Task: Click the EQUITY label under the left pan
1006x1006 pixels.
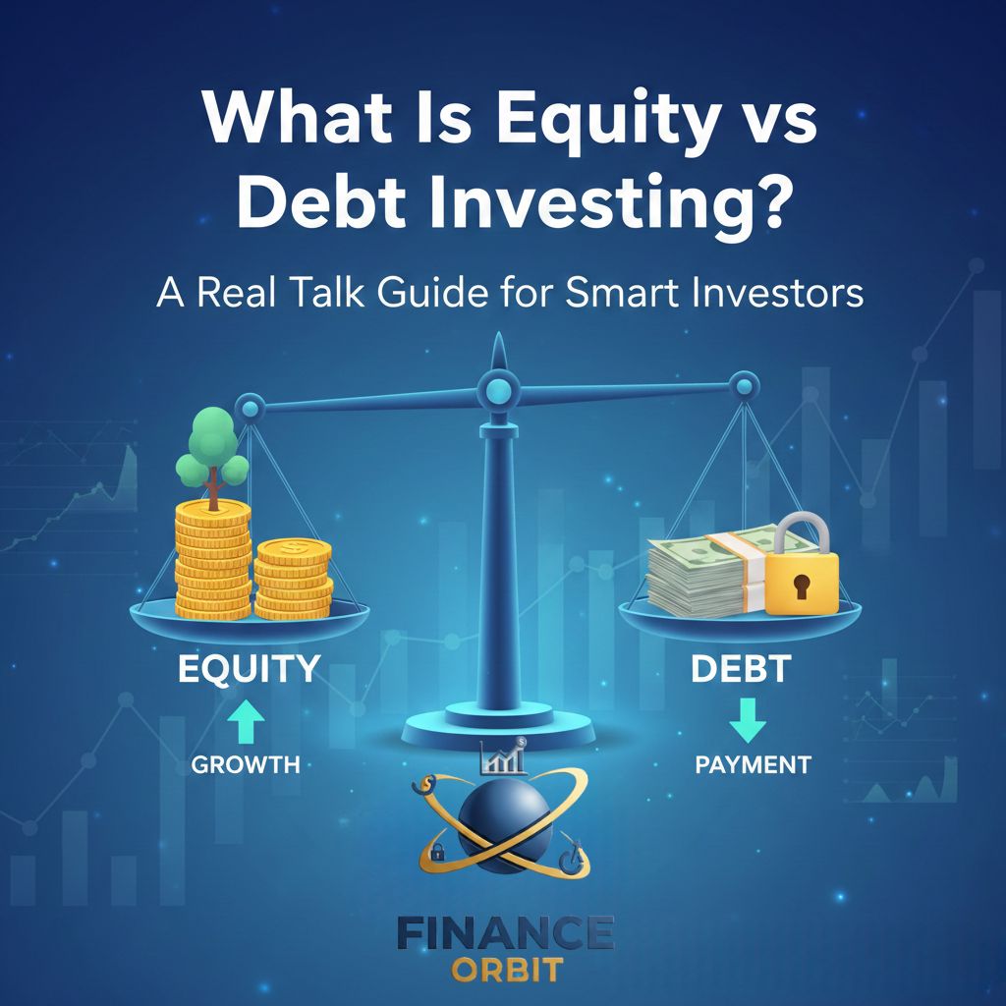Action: pos(248,669)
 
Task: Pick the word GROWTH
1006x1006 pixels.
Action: pos(246,763)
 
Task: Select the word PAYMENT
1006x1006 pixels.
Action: pos(753,763)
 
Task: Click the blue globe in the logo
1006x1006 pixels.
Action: pos(503,820)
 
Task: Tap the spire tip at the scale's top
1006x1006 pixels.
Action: pos(498,340)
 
